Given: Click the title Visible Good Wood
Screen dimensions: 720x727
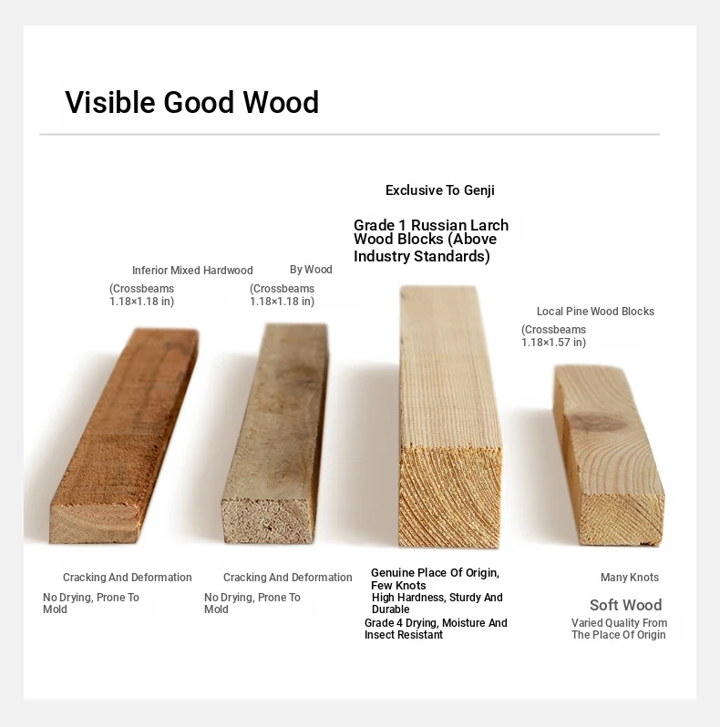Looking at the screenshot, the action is coord(192,102).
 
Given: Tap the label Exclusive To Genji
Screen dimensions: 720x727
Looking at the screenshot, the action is coord(440,190).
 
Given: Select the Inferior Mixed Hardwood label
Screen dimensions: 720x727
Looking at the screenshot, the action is coord(192,271).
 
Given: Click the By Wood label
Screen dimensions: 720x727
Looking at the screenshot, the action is coord(311,270).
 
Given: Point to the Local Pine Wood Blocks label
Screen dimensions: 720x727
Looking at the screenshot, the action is coord(595,311).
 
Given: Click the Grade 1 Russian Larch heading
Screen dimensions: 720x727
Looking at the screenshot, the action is coord(431,225).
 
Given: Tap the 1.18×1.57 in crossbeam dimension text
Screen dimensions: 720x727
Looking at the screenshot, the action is coord(553,343).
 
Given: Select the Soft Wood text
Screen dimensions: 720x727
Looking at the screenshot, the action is coord(626,605).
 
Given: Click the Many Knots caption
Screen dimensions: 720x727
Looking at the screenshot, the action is coord(630,578).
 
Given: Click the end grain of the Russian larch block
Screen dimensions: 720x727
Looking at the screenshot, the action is coord(450,497).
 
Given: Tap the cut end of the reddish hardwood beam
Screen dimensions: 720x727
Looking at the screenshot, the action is coord(95,523).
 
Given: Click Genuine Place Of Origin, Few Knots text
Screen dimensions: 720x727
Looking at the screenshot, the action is coord(435,579).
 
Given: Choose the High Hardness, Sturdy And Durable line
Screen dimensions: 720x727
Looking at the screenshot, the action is coord(437,603).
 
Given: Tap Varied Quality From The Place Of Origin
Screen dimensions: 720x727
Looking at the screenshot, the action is coord(620,629).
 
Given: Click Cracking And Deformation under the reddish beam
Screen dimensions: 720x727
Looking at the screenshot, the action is coord(127,578).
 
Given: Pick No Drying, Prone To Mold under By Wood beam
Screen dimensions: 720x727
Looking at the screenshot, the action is coord(252,603).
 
